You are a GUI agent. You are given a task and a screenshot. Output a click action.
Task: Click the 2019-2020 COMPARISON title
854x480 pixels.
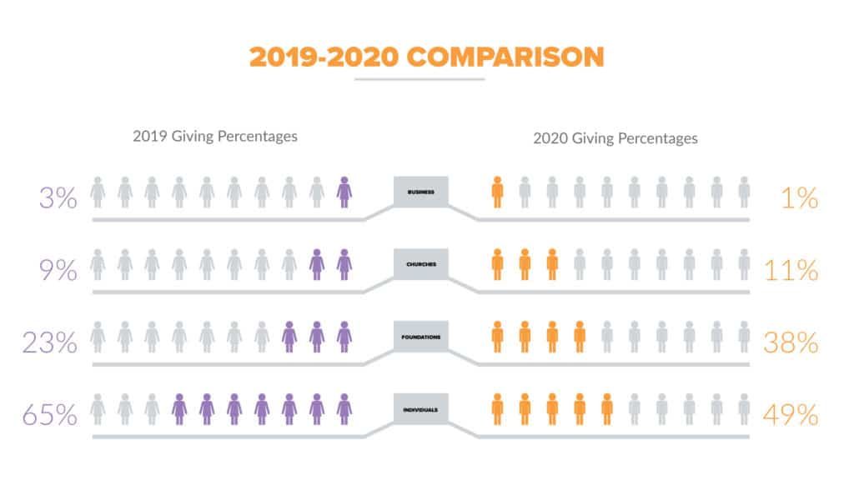click(x=426, y=56)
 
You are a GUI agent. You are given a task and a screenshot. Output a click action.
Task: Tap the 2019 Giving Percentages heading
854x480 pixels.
click(x=214, y=136)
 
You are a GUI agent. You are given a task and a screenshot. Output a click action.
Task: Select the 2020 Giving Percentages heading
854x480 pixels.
click(x=615, y=137)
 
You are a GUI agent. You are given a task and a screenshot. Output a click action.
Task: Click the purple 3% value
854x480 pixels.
click(x=58, y=198)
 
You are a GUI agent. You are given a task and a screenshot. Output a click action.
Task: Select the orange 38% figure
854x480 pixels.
click(x=790, y=342)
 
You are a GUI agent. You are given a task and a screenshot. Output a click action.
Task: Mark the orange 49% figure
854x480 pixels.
click(x=790, y=414)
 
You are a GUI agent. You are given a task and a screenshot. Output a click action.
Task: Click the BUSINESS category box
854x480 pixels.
click(x=421, y=192)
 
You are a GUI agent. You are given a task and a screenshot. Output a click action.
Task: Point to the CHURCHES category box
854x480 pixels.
click(x=421, y=264)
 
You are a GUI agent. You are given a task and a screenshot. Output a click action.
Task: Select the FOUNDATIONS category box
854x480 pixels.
click(x=421, y=336)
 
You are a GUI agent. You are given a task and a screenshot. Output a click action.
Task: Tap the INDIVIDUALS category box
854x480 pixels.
click(x=421, y=408)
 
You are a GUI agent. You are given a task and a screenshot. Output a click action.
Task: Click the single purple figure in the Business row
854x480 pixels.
click(x=344, y=192)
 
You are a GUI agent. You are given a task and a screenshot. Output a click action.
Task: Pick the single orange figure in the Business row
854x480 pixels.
click(x=498, y=192)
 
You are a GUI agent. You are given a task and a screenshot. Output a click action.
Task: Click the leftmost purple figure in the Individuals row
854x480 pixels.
click(x=179, y=408)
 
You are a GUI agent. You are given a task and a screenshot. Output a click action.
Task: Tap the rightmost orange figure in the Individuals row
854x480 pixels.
click(x=607, y=408)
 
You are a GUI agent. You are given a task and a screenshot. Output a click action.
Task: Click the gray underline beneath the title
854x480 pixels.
click(x=419, y=80)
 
